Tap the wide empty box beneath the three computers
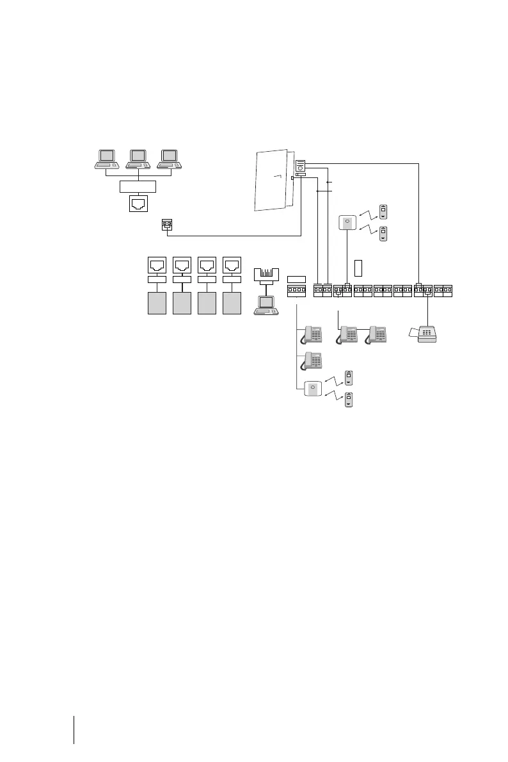pyautogui.click(x=138, y=187)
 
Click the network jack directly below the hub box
pyautogui.click(x=138, y=204)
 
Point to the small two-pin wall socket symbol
pyautogui.click(x=167, y=225)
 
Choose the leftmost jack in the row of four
pyautogui.click(x=157, y=264)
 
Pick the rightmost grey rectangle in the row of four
pyautogui.click(x=232, y=302)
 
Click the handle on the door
pyautogui.click(x=276, y=175)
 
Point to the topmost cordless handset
pyautogui.click(x=383, y=212)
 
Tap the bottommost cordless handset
pyautogui.click(x=349, y=399)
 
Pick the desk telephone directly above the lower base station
pyautogui.click(x=312, y=361)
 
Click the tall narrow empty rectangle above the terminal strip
pyautogui.click(x=358, y=269)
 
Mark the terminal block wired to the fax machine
pyautogui.click(x=423, y=290)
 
